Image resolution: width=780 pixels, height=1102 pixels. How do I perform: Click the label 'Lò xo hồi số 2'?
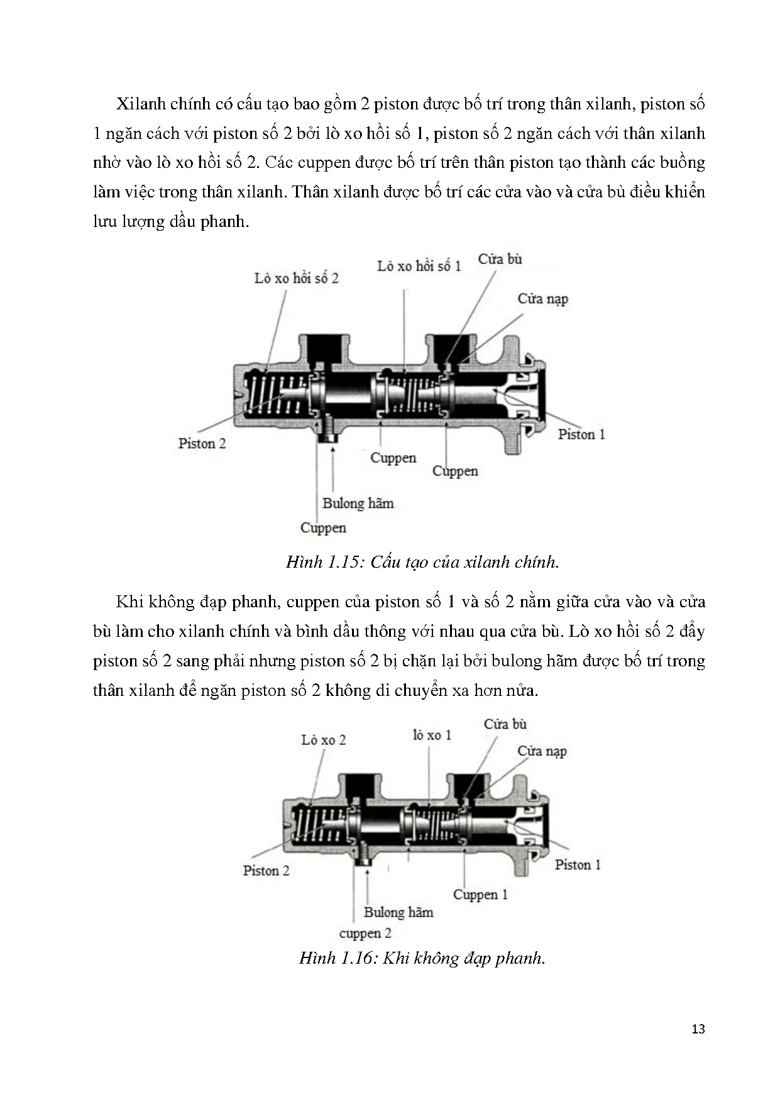[296, 278]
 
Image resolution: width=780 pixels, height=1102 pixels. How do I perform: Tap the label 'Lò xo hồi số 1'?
[419, 266]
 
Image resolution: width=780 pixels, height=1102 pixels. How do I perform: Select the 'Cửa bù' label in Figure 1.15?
[500, 259]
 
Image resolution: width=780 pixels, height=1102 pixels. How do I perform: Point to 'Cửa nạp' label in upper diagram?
[542, 299]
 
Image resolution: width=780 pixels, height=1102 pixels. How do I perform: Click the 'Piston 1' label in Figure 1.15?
[581, 434]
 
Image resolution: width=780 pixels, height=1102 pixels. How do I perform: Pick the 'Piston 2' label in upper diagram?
[202, 443]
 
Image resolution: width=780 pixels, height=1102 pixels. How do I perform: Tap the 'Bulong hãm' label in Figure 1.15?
[358, 503]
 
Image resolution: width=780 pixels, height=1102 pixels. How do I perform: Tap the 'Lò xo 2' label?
[323, 740]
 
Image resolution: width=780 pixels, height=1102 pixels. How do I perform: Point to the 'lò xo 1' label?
[432, 735]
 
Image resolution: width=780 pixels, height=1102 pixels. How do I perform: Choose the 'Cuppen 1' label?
[480, 895]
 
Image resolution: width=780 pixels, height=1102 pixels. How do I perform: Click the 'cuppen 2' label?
[365, 933]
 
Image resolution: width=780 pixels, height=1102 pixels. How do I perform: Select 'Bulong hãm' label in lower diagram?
[398, 912]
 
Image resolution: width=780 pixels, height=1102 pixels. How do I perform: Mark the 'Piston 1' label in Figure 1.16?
[577, 865]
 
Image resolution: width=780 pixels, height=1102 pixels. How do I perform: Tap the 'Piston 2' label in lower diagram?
[266, 871]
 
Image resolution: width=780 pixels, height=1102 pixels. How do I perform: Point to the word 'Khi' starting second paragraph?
[130, 602]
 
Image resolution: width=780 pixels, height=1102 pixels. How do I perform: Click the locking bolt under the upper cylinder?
[327, 434]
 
